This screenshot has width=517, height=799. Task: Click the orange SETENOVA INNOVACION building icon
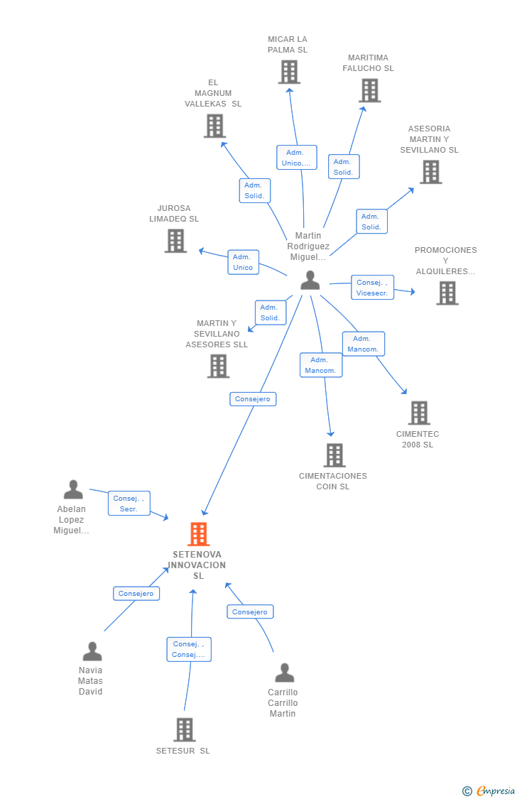point(199,534)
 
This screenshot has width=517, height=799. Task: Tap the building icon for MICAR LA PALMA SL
point(289,72)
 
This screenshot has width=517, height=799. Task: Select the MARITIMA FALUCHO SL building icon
point(370,91)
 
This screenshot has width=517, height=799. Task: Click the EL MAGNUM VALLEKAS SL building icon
point(215,126)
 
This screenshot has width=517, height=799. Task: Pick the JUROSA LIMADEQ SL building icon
point(175,241)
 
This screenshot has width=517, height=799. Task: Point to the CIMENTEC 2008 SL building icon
point(420,413)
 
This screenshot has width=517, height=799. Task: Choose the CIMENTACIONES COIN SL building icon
point(334,455)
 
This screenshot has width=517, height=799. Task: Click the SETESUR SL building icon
point(185,729)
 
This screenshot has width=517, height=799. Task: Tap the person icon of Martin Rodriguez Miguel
point(310,281)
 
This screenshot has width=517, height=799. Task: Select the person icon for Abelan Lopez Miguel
point(73,489)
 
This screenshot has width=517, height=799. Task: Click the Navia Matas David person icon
point(92,651)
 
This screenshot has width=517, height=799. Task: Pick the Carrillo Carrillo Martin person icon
point(285,673)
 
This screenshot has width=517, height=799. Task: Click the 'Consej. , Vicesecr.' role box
point(372,288)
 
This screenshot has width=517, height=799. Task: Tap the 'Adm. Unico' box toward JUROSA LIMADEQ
point(243,262)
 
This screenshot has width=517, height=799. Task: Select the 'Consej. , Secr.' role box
point(129,503)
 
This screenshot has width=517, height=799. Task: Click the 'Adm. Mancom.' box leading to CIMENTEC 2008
point(363,344)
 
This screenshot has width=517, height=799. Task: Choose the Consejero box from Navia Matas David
point(136,594)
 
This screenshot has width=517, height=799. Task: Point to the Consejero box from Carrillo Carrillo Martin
point(250,612)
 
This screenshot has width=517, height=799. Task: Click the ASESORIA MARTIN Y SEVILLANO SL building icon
point(431,172)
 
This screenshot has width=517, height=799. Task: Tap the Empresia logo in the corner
point(489,791)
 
